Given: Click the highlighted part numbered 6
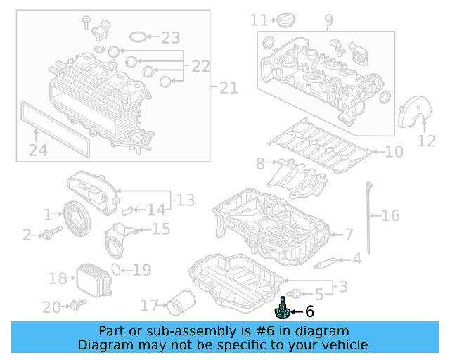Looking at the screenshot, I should pos(281,311).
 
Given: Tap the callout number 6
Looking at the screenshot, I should pos(309,311).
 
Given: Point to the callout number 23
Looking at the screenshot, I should pos(170,37).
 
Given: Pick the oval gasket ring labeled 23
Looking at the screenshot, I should pos(141,37).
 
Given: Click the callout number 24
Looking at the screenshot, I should pos(38,149).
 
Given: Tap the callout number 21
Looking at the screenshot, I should pos(229,88).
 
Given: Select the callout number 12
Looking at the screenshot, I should pos(426,141).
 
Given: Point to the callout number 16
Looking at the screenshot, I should pos(390,215).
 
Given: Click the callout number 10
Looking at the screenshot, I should pos(394,151).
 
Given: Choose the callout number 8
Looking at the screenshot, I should pos(261,164).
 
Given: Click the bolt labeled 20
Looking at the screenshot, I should pos(77,306).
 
